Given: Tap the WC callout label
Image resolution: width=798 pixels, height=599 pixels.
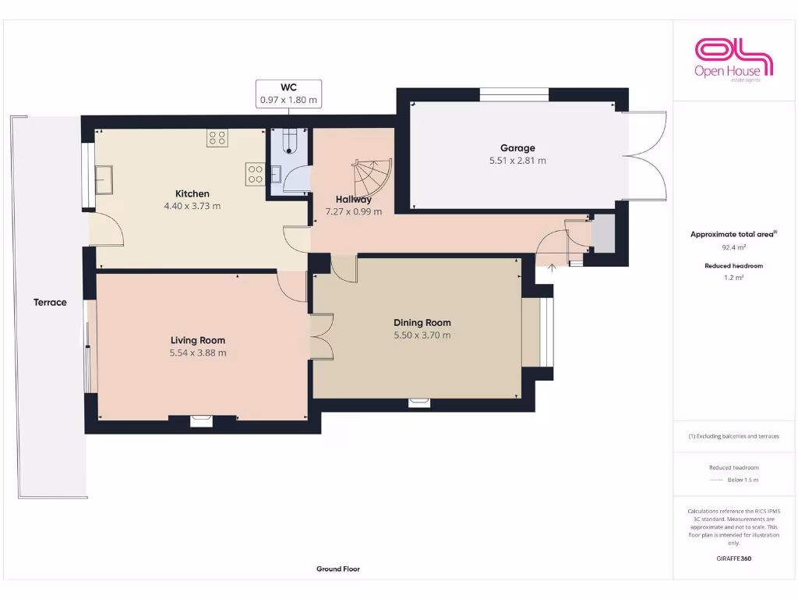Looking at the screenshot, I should click(x=289, y=94).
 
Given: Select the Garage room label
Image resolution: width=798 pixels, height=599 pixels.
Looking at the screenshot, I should click(x=517, y=148).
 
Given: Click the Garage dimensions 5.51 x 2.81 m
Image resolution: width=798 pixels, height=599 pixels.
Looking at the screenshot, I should click(x=517, y=161).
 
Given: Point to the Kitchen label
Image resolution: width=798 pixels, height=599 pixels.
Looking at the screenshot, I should click(x=192, y=193).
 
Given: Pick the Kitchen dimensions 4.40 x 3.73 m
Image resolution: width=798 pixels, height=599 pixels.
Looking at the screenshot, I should click(x=192, y=207).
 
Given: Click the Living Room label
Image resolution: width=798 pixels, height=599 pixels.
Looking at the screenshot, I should click(x=198, y=340).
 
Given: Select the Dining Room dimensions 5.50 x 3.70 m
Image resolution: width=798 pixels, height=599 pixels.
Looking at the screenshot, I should click(x=422, y=335).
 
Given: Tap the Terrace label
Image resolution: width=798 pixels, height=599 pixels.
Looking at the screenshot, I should click(x=50, y=303).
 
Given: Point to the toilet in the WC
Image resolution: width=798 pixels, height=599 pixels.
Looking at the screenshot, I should click(x=291, y=141).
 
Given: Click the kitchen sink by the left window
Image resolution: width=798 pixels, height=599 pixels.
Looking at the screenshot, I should click(x=104, y=179).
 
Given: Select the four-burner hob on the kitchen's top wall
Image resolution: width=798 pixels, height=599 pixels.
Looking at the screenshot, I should click(x=217, y=139).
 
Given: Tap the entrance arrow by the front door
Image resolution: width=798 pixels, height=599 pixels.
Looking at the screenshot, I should click(x=553, y=268).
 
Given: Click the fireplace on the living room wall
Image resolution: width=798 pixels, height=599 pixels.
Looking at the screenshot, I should click(x=202, y=421).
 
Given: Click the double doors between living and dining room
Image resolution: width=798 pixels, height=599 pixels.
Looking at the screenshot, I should click(x=321, y=337).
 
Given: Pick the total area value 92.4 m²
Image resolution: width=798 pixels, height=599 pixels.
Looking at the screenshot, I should click(x=733, y=247).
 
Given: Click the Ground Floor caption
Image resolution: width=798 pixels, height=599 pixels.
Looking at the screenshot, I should click(x=338, y=569).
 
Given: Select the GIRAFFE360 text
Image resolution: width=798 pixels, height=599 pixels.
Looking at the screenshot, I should click(x=733, y=558).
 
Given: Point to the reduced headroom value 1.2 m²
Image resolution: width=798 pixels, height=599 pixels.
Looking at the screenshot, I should click(x=733, y=277).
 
